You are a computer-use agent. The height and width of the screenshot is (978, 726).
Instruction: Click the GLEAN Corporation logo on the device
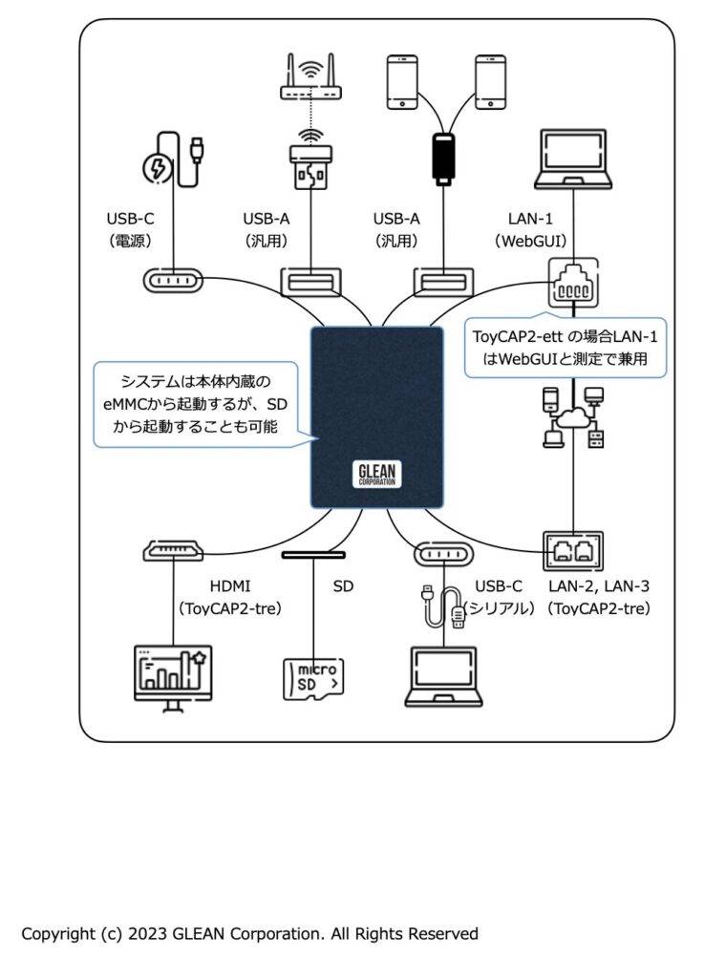(376, 475)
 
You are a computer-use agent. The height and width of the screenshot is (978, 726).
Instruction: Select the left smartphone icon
(402, 82)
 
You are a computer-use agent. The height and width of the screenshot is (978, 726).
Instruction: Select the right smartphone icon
(490, 82)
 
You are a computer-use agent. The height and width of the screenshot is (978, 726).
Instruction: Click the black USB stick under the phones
(443, 159)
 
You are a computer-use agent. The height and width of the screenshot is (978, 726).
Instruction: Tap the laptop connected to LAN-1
(573, 159)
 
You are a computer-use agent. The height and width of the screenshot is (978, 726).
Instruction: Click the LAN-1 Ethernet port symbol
(573, 283)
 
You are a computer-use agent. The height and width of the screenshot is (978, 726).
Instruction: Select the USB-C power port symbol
(173, 281)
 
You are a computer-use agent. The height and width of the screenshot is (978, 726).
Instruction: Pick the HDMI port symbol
(173, 550)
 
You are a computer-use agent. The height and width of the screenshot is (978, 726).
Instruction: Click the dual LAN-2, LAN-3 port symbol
(573, 551)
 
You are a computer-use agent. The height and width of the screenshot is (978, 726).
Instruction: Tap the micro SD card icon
(313, 679)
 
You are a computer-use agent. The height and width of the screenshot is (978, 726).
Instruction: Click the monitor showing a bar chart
(174, 678)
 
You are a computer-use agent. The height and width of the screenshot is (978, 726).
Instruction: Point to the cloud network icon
(573, 417)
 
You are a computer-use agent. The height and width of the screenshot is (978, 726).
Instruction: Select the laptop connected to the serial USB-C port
(443, 677)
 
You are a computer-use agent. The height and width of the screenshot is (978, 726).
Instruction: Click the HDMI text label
(230, 586)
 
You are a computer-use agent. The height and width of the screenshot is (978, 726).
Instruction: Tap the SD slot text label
(343, 586)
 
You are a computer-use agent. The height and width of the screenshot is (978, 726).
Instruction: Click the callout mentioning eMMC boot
(195, 404)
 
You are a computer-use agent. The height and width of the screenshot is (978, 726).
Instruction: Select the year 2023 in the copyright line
(147, 934)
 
